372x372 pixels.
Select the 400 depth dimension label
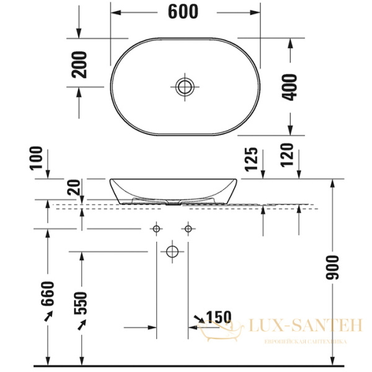[290, 86]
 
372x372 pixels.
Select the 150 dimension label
[218, 317]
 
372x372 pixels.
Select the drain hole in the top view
[184, 86]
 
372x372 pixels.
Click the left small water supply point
[156, 229]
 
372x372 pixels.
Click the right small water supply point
[188, 229]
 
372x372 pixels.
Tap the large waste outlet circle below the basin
[172, 252]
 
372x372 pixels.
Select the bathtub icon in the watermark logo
[215, 332]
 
